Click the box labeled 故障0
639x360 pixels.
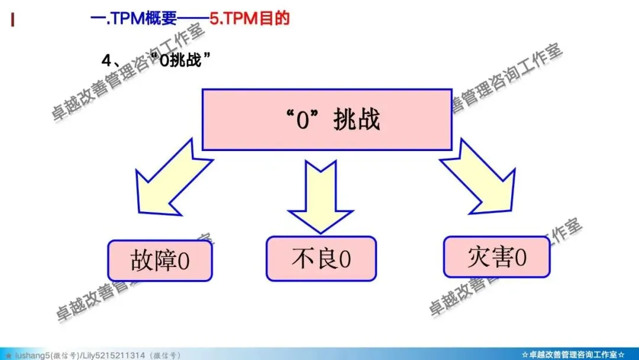point(160,261)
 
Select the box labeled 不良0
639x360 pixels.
point(321,259)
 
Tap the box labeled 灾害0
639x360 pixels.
point(496,258)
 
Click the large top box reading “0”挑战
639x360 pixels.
point(327,120)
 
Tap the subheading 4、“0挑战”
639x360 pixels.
point(157,60)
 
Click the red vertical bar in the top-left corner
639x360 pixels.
point(12,20)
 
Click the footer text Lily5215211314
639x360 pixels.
point(115,355)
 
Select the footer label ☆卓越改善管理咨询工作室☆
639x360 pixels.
point(573,355)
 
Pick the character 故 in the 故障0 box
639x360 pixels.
point(141,261)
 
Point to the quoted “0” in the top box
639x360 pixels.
point(303,120)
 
